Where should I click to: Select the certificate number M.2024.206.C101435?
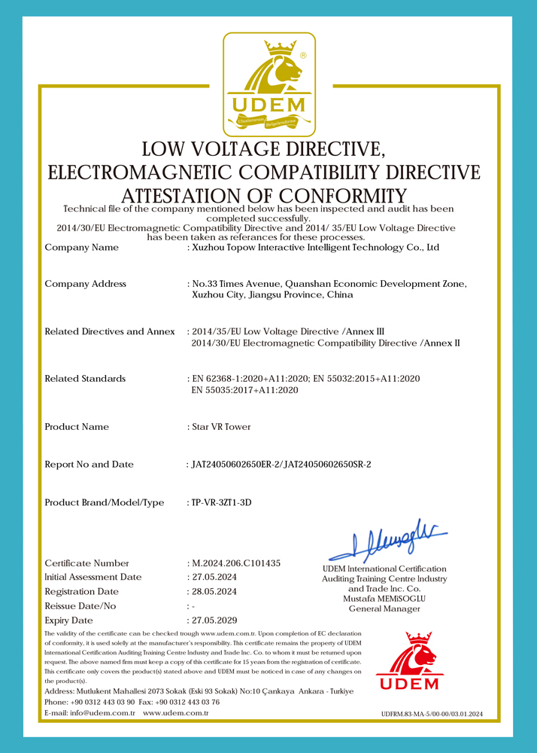pos(236,563)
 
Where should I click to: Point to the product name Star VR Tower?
pos(221,427)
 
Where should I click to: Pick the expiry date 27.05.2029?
pos(214,620)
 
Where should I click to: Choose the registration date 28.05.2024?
pos(214,592)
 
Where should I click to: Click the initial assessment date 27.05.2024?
pos(214,577)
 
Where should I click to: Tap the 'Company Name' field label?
pos(81,247)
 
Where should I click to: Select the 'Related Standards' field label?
pos(85,379)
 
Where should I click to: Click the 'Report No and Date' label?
pos(89,465)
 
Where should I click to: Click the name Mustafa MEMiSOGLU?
pos(384,599)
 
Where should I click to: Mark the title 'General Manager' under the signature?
pos(384,608)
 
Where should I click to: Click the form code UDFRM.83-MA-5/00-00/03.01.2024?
pos(432,713)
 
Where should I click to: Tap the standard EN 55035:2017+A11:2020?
pos(246,390)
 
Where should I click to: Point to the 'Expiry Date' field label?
pos(69,620)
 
